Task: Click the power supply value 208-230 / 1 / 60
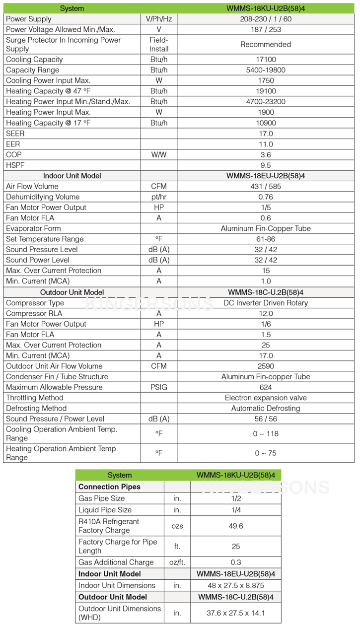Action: tap(266, 19)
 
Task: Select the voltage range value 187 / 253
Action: tap(266, 29)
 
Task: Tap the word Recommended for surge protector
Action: tap(266, 44)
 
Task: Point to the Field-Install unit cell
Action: tap(159, 44)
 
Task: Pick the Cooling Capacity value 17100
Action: tap(266, 60)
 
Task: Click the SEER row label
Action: tap(15, 134)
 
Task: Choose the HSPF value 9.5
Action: tap(266, 165)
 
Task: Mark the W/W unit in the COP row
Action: tap(159, 155)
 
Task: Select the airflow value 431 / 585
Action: tap(266, 187)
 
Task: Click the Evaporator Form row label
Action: tap(33, 229)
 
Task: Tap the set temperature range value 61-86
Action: tap(266, 239)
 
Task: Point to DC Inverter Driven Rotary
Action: tap(266, 303)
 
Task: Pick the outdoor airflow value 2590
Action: tap(266, 366)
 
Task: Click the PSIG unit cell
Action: tap(159, 387)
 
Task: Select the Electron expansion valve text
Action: tap(266, 398)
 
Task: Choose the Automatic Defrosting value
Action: tap(266, 409)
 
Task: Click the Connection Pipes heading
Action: tap(109, 487)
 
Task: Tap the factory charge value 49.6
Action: tap(236, 526)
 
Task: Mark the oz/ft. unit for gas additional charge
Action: tap(177, 562)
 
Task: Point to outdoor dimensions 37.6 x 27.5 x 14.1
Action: tap(236, 613)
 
